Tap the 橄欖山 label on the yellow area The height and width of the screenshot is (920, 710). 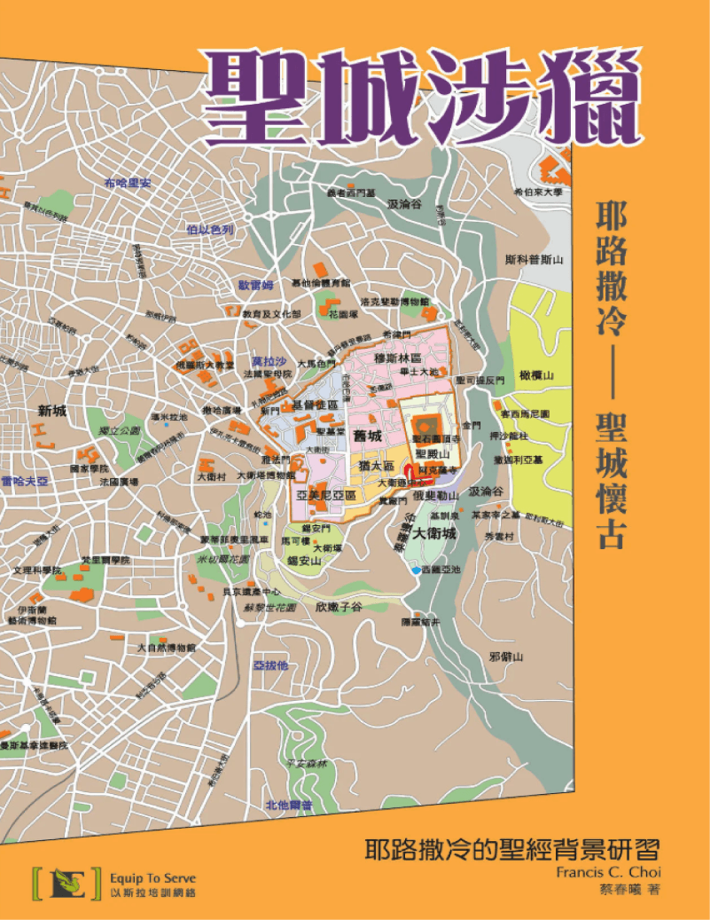536,376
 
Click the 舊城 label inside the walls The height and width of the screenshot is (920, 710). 367,436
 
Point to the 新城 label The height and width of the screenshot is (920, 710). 53,411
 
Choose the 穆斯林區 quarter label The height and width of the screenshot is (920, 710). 395,358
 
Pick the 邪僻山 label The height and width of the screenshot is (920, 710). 507,657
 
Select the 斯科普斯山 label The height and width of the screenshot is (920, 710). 534,259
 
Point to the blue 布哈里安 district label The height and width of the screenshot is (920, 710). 129,183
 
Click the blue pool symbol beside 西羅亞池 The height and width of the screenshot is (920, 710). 415,571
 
